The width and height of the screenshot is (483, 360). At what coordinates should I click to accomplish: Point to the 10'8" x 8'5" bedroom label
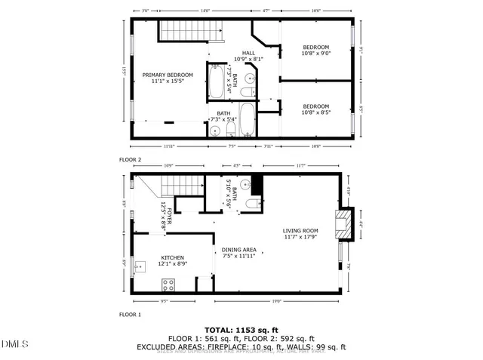point(317,109)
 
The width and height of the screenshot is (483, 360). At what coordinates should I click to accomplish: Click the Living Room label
point(300,234)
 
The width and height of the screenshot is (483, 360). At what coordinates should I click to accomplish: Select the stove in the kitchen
point(169,285)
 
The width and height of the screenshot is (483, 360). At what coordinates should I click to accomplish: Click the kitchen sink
point(139,266)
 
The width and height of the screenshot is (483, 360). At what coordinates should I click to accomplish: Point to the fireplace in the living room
point(345,224)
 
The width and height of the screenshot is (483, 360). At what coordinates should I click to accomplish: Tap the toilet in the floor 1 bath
point(257,203)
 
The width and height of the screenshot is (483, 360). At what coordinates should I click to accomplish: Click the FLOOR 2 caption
point(130,160)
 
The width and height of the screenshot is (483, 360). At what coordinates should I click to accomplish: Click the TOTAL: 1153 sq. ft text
point(241,330)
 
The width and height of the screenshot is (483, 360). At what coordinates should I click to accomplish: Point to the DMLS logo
point(13,345)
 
